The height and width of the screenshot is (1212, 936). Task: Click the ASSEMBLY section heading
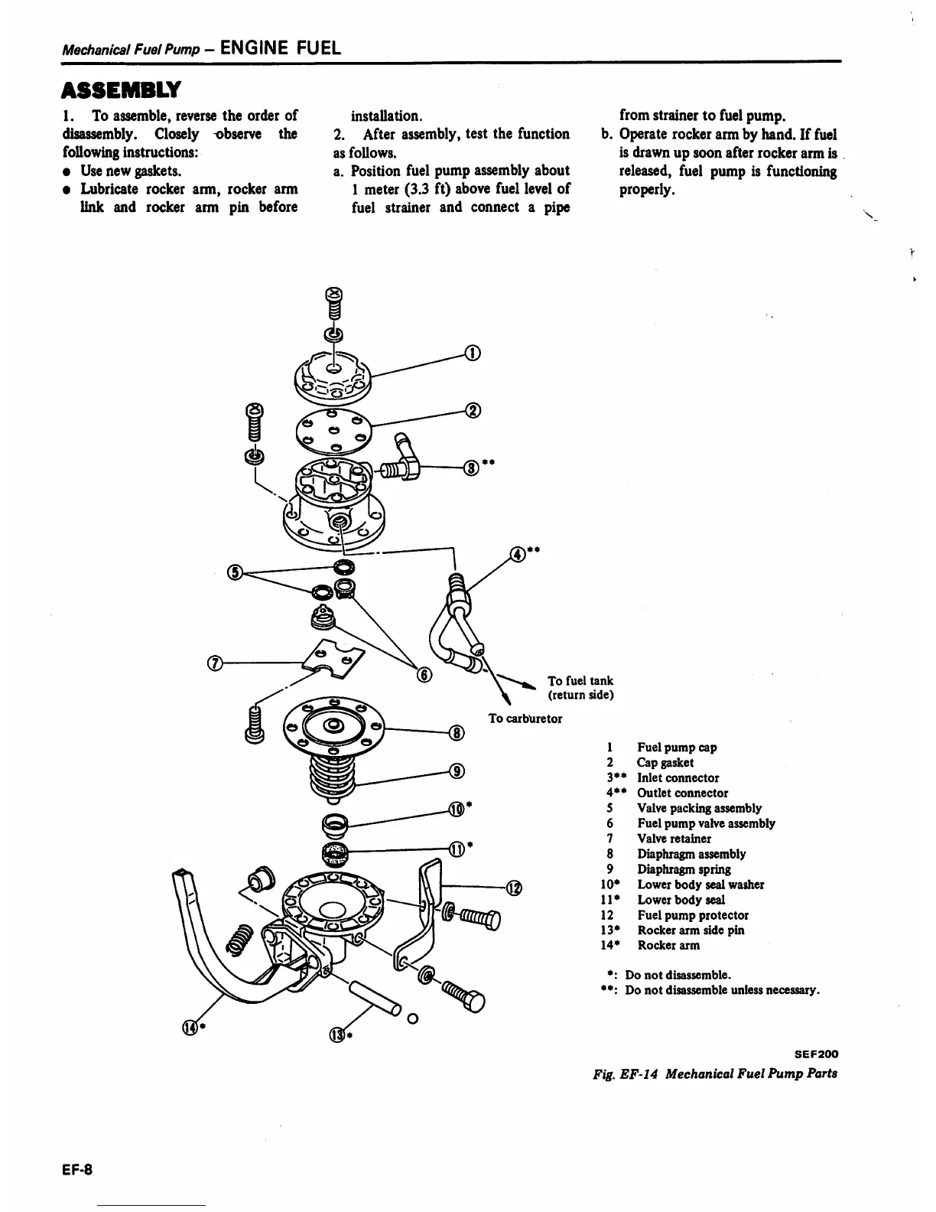point(121,89)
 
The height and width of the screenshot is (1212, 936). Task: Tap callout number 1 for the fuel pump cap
point(473,353)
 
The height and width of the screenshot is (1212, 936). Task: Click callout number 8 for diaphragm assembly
point(456,733)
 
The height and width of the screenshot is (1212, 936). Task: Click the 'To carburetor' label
point(525,718)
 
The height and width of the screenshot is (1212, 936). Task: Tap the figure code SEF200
point(816,1054)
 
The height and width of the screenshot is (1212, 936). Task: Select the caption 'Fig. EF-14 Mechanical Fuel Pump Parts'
point(715,1074)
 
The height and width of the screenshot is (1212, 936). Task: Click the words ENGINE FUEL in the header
point(279,47)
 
